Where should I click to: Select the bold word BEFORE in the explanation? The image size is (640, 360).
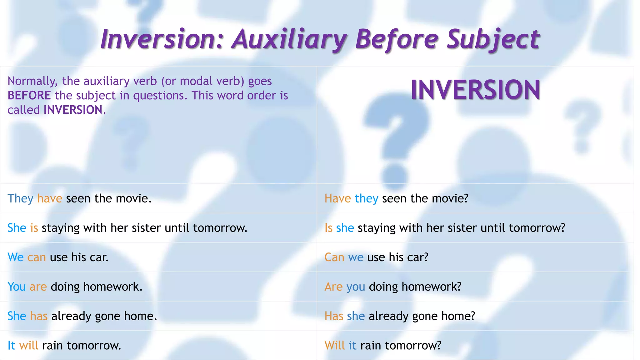pos(29,96)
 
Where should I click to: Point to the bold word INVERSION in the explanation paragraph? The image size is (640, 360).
pos(73,110)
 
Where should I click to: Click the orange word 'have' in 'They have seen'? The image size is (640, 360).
pos(50,198)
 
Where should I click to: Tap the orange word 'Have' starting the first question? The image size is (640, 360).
pos(337,198)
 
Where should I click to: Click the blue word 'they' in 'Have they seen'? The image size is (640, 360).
pos(367,198)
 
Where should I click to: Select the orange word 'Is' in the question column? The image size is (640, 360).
pos(328,228)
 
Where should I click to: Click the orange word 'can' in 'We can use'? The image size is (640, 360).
pos(37,257)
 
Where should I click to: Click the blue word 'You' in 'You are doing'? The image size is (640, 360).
pos(17,287)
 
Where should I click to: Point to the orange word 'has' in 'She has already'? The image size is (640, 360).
pos(39,316)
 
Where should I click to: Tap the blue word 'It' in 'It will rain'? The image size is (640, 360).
pos(11,345)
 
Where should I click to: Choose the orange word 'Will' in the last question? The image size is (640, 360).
pos(334,345)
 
